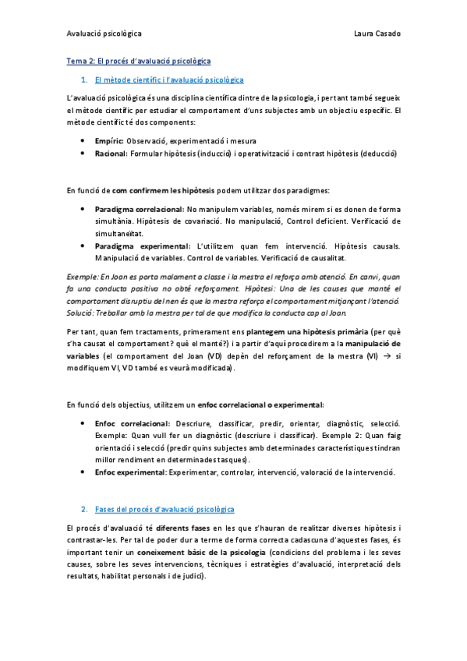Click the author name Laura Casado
pos(377,34)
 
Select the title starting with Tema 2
pos(139,60)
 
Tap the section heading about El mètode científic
pos(168,80)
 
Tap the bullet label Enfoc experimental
pos(129,472)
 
